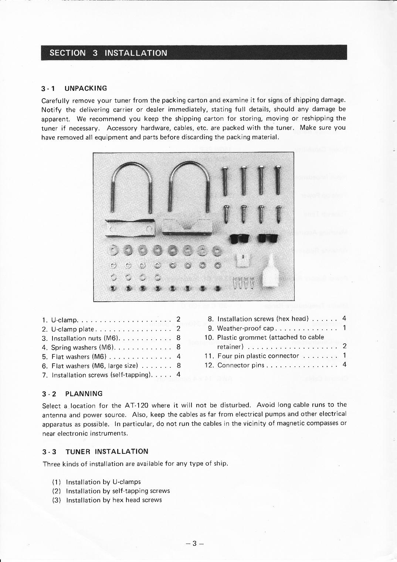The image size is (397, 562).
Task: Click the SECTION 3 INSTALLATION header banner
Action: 194,52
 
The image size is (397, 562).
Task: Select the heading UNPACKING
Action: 85,88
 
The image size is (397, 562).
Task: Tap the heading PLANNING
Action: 84,394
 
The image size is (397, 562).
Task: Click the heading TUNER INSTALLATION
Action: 107,452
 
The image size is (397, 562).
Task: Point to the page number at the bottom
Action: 195,543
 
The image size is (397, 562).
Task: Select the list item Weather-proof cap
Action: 245,328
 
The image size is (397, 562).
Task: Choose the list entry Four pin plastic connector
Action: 258,356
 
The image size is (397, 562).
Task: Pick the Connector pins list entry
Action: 241,365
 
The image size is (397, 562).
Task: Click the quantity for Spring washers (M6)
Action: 178,347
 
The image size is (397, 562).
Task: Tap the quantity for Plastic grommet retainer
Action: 344,346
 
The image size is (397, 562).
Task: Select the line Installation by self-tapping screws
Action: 118,491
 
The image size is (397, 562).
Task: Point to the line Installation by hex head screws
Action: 113,500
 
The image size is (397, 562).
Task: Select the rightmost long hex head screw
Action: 277,181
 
